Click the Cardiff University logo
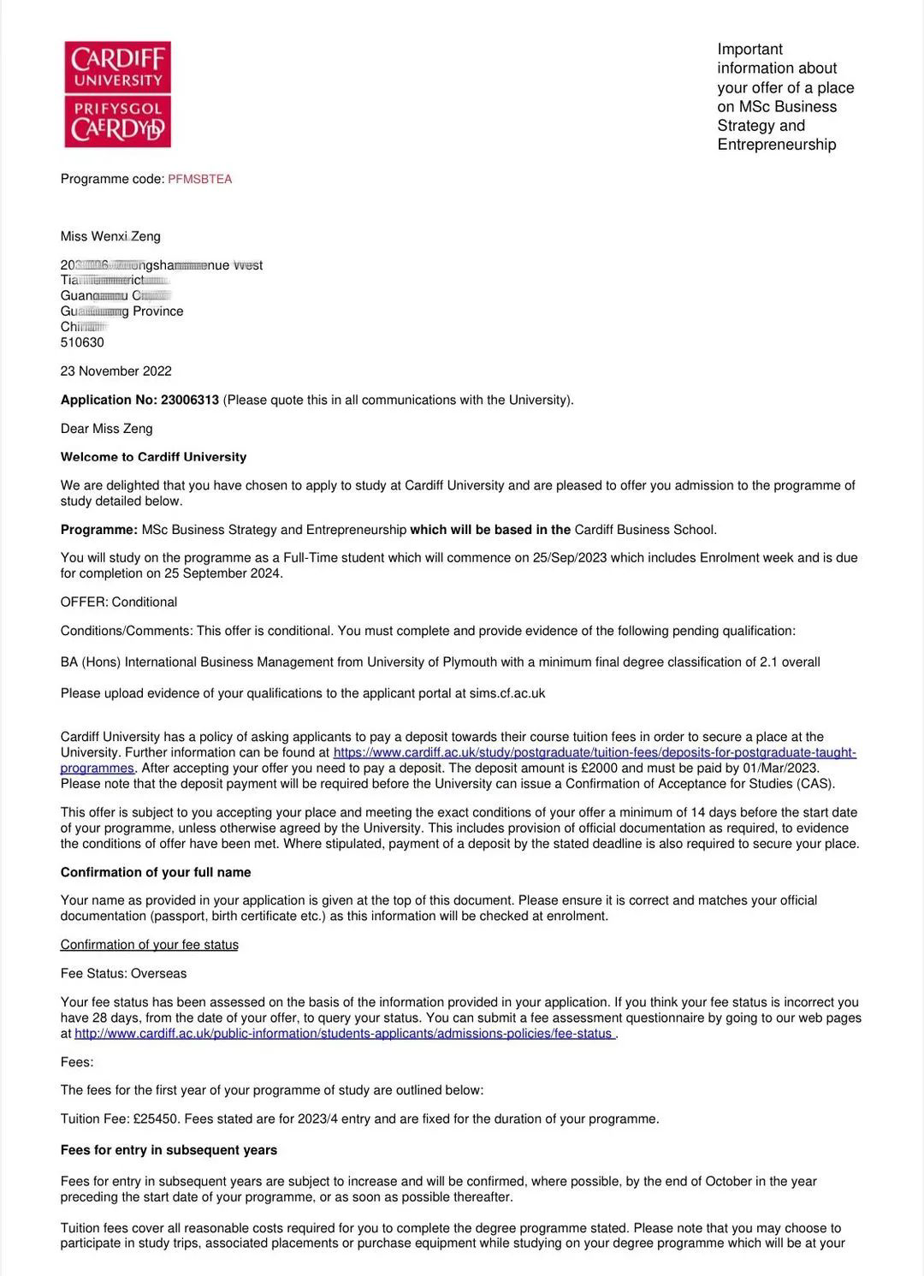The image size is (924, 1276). coord(117,94)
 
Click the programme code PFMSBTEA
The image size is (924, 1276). coord(199,179)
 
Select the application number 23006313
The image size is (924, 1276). coord(190,400)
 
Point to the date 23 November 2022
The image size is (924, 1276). coord(115,371)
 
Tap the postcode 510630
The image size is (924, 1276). coord(82,342)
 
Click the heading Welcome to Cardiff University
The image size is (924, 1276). coord(153,457)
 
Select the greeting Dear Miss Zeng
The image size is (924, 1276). coord(106,428)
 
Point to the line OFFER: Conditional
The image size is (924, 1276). coord(118,602)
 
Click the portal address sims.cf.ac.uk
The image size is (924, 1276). coord(506,693)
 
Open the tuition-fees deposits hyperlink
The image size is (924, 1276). coord(594,752)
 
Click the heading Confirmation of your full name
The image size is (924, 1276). coord(156,872)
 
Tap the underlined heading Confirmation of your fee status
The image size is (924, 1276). coord(149,945)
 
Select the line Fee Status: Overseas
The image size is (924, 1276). coord(123,973)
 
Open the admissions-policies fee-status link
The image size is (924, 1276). coord(343,1033)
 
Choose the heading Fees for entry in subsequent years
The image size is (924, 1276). coord(169,1149)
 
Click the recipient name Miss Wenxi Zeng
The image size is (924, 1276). coord(110,236)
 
